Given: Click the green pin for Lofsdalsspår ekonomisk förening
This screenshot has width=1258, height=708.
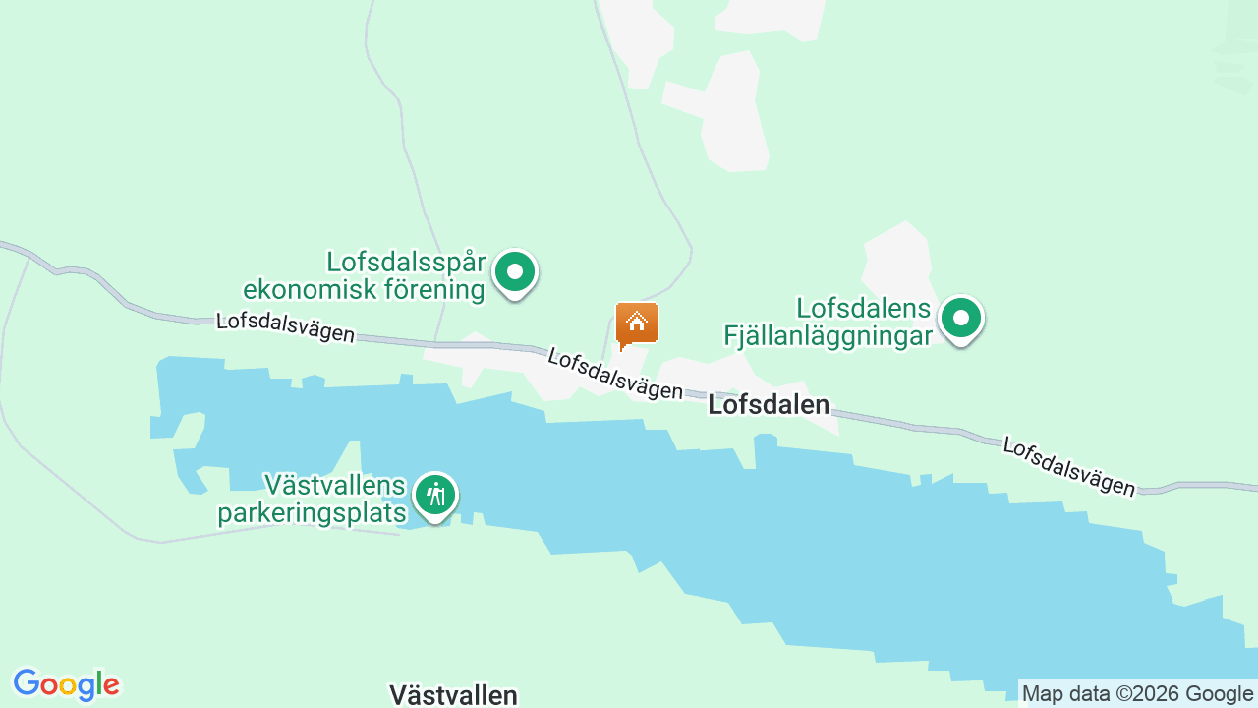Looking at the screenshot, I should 514,272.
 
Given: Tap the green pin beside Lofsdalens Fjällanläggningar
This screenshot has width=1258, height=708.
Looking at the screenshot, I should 961,319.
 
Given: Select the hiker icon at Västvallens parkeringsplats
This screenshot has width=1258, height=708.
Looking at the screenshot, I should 434,495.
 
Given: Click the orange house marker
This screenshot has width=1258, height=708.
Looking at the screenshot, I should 636,324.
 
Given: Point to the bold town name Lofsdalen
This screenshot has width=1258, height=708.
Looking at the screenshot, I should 769,405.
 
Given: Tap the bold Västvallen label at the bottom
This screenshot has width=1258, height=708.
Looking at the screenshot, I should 453,695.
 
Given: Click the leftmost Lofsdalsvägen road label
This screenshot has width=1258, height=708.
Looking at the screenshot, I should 285,326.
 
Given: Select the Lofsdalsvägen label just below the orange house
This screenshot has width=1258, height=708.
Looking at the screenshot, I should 615,373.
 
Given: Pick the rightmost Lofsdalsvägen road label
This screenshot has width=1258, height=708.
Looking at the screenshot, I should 1068,465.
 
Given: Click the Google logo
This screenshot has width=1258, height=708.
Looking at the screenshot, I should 66,684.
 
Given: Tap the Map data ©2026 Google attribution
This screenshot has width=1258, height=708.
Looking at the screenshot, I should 1137,693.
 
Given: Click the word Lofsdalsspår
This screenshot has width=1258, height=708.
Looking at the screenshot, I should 406,263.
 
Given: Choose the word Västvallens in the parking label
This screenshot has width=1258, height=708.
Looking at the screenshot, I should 334,485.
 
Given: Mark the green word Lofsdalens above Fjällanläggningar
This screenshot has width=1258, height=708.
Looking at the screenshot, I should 863,309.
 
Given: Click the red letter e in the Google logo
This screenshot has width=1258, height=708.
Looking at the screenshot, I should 111,684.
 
